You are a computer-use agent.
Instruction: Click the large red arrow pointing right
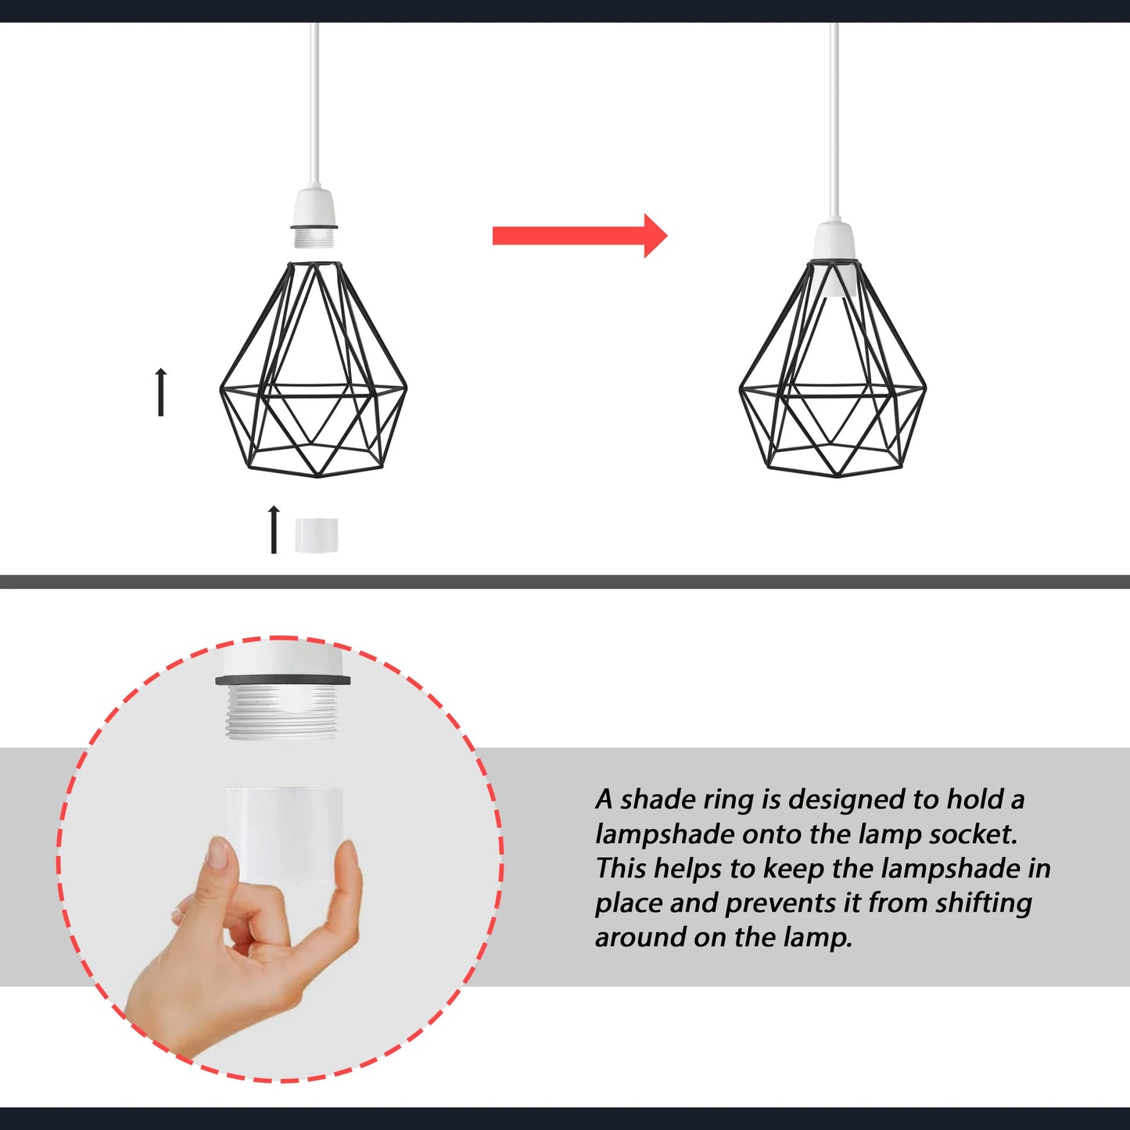tap(579, 235)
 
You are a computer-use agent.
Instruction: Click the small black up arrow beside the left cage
tap(160, 392)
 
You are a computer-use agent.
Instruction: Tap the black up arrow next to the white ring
tap(273, 529)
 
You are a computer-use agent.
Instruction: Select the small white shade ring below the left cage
tap(317, 535)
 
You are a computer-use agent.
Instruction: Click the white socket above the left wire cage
tap(315, 217)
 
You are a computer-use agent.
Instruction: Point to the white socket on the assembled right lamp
tap(834, 258)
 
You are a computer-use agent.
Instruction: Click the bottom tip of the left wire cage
tap(317, 476)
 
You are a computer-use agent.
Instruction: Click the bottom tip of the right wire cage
tap(836, 476)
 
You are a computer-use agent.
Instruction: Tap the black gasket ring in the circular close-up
tap(282, 680)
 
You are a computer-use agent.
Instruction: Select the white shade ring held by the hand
tap(285, 834)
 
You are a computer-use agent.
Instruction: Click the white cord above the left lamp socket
tap(315, 106)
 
